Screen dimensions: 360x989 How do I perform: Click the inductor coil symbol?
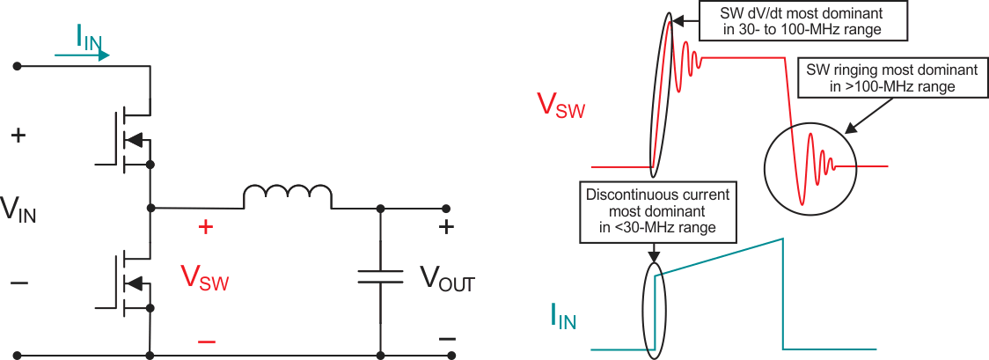(x=287, y=196)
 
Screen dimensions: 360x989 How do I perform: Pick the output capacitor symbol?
(x=380, y=277)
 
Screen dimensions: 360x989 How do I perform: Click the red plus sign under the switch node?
(x=206, y=227)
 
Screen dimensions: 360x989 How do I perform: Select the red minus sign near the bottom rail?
(x=206, y=341)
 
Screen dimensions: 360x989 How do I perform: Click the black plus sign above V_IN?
(x=18, y=136)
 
